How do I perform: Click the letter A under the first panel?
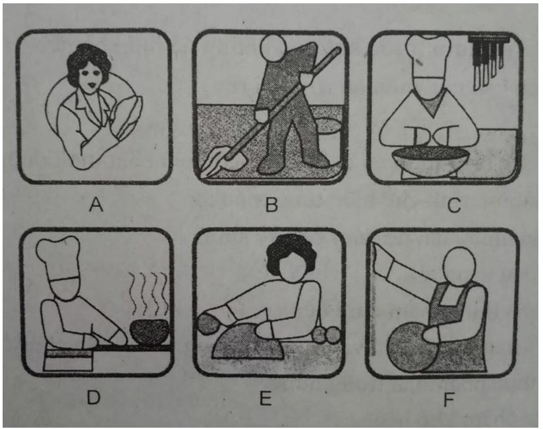[97, 206]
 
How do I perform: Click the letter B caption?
[270, 206]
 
